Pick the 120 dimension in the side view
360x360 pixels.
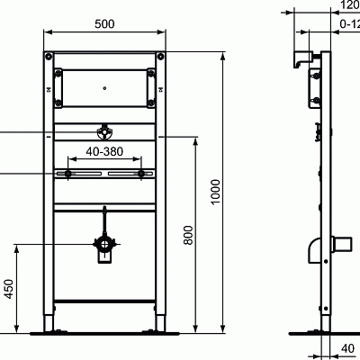[347, 4]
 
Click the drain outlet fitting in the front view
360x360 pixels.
[105, 245]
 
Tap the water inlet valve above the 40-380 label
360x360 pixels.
[106, 131]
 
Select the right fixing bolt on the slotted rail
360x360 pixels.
[140, 171]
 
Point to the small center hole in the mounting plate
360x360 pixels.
[106, 89]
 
